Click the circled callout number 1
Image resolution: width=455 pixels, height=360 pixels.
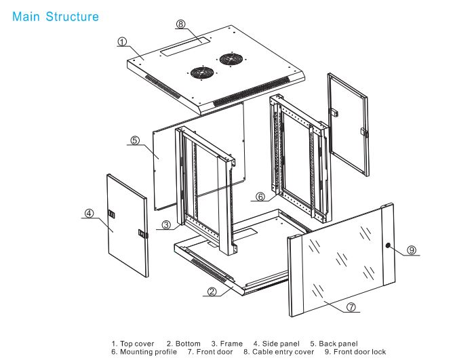[122, 41]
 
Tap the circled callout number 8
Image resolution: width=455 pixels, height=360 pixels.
[180, 24]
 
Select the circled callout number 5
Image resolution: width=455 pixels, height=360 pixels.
[134, 140]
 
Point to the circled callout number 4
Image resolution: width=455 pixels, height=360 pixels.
[89, 213]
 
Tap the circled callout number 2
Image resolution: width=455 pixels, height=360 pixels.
[212, 292]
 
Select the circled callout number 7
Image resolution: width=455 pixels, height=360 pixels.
[351, 306]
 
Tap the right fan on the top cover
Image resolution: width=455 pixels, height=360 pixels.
[228, 58]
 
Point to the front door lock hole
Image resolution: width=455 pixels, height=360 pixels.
[388, 245]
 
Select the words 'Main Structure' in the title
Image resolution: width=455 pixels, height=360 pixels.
[56, 16]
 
